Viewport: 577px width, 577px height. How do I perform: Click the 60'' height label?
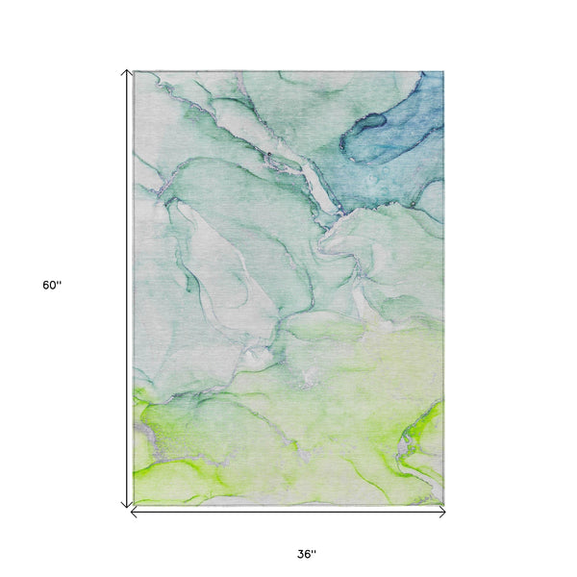click(52, 286)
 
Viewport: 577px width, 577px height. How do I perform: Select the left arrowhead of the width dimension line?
click(134, 513)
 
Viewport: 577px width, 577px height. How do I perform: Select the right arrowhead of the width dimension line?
click(442, 513)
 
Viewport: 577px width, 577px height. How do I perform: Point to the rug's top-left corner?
click(135, 72)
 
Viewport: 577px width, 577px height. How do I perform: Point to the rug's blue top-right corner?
click(442, 73)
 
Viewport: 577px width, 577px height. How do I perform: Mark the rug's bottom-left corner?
click(135, 503)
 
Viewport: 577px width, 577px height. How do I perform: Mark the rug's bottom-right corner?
click(443, 503)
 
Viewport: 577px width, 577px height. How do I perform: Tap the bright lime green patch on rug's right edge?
click(423, 433)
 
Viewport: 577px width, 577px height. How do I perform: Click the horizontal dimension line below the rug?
click(288, 513)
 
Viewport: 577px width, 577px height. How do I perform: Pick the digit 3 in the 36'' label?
click(301, 554)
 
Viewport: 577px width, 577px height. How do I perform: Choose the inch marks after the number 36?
click(314, 551)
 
